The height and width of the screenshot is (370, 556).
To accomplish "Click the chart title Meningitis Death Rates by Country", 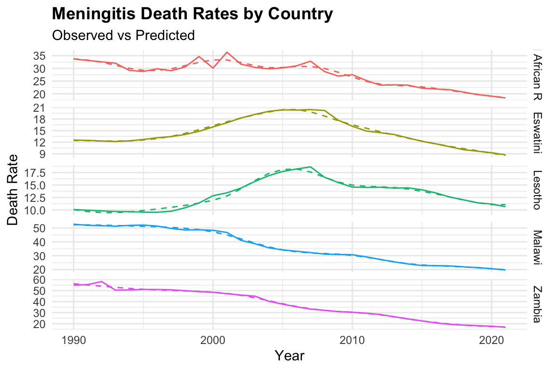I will click(192, 14).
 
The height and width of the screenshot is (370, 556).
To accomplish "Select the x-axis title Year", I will click(290, 356).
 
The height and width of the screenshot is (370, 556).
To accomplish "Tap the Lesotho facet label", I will click(537, 190).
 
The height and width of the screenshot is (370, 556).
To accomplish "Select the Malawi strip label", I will click(537, 248).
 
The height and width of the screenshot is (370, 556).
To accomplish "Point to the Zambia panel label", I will click(537, 304).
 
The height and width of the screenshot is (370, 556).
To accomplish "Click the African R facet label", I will click(537, 76).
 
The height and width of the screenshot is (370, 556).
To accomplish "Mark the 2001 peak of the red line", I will click(227, 52).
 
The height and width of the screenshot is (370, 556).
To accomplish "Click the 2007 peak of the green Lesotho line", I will click(310, 167).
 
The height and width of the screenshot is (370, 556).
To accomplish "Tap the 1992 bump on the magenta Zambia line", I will click(101, 281).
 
